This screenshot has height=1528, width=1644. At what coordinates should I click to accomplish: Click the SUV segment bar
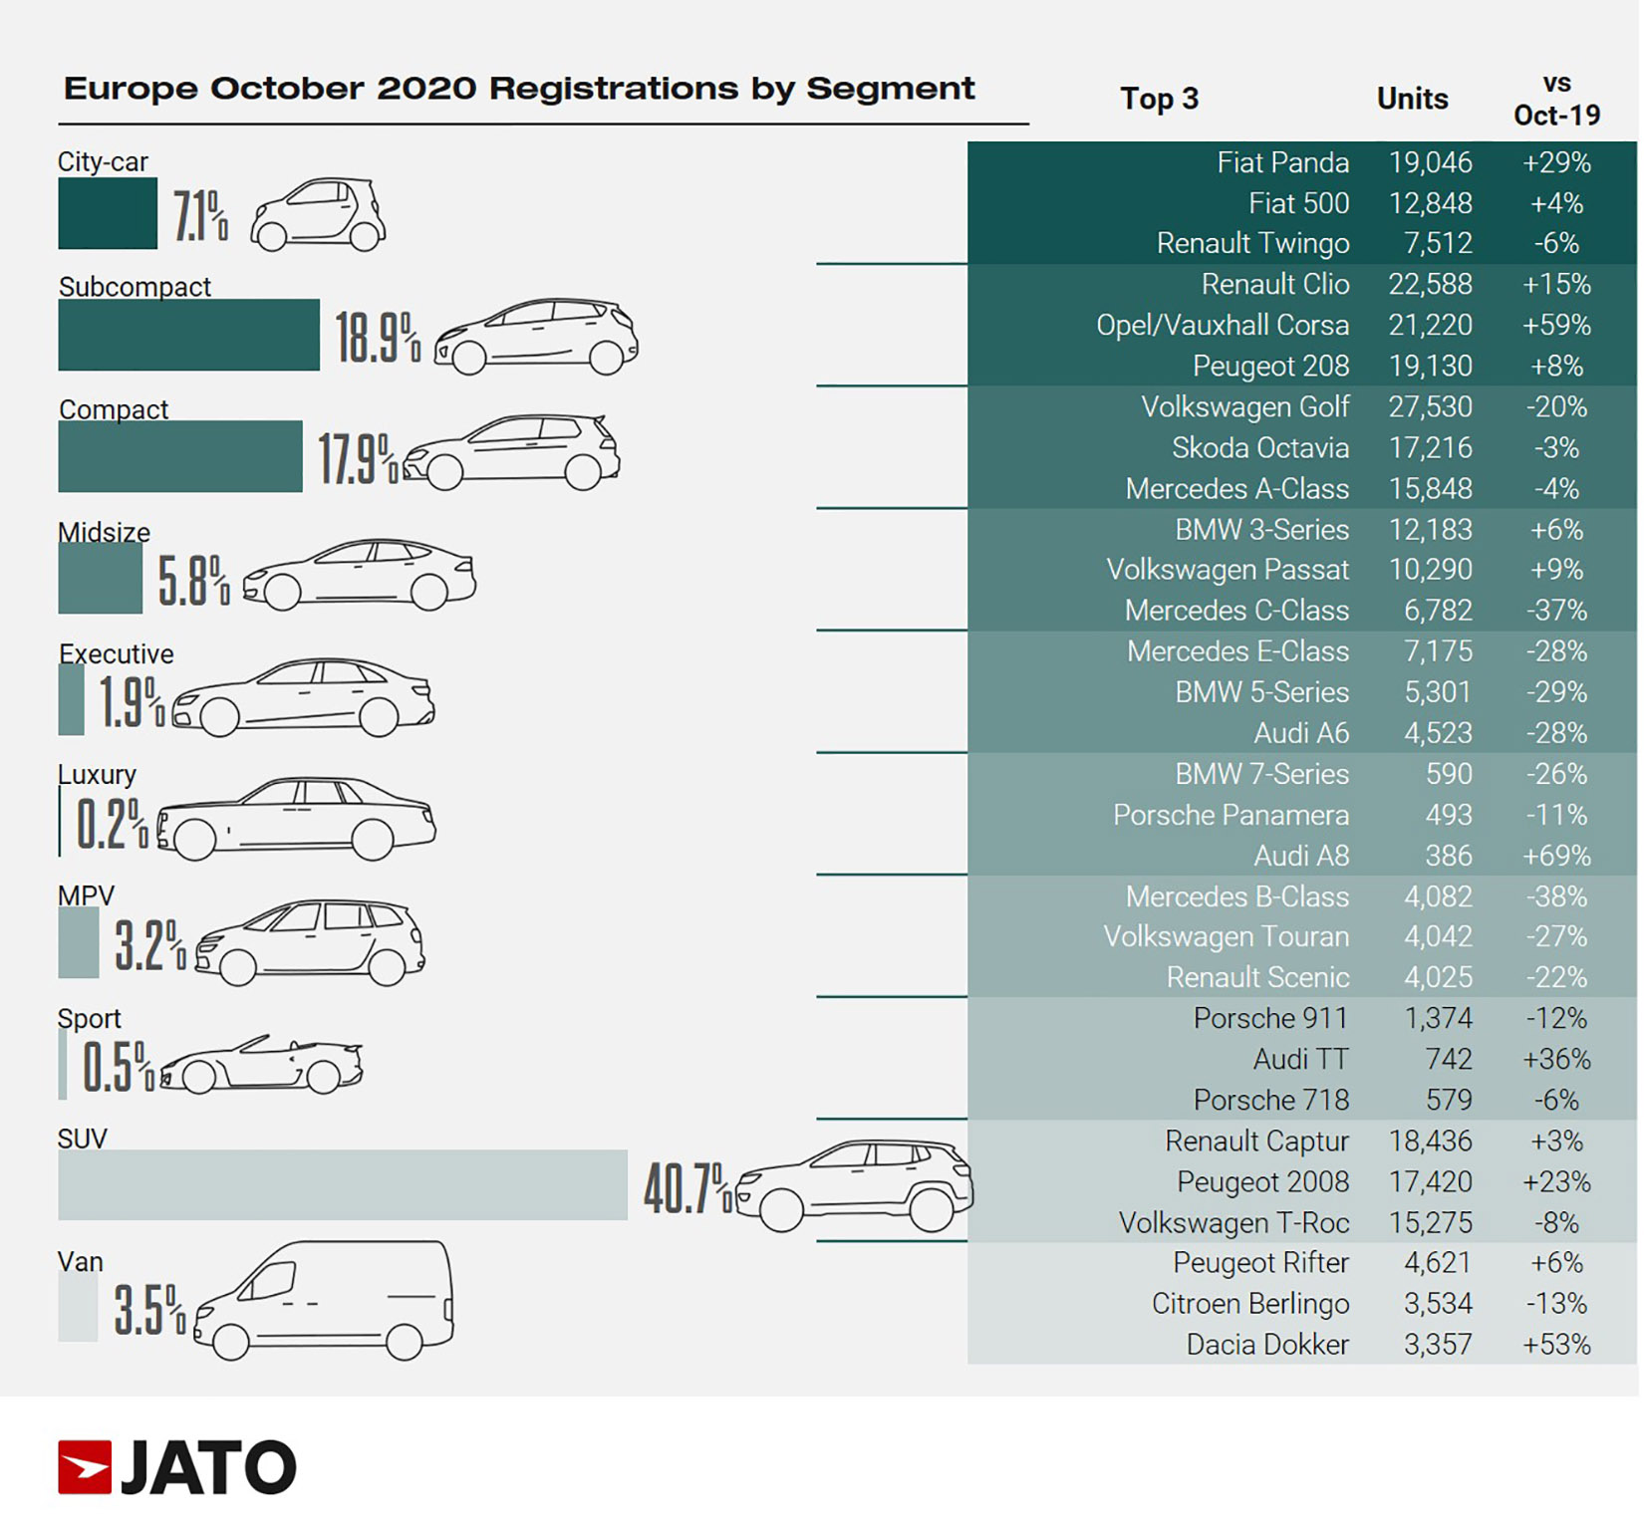click(342, 1184)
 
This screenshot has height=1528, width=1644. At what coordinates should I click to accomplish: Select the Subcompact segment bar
click(188, 335)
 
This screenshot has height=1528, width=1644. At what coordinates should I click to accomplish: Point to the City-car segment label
click(103, 161)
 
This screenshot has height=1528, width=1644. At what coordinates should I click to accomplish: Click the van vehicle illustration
click(324, 1300)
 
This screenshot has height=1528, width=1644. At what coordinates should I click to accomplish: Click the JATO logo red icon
click(85, 1467)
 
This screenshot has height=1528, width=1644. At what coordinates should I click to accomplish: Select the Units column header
click(1412, 99)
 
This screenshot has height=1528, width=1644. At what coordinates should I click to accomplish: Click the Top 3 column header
click(1159, 99)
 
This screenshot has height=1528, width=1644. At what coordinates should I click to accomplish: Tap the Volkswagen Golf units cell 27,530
click(1430, 406)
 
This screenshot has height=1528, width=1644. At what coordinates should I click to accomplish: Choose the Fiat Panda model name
click(1282, 162)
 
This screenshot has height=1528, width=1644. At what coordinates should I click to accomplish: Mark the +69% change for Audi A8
click(1555, 856)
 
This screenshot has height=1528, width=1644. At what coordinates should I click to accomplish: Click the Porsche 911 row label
click(1270, 1018)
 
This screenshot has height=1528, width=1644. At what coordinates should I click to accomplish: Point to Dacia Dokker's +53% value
click(1555, 1345)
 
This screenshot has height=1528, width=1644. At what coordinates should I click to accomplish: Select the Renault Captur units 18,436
click(1430, 1141)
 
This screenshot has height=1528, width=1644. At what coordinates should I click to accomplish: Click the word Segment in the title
click(890, 89)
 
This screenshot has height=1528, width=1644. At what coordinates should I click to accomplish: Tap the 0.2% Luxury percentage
click(111, 824)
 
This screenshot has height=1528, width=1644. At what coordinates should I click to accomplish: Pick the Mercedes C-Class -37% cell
click(1555, 611)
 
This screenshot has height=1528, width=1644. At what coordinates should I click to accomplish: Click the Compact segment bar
click(179, 456)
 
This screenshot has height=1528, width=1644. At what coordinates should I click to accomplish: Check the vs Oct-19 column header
click(1556, 100)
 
